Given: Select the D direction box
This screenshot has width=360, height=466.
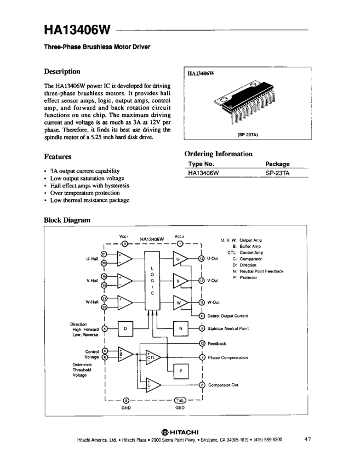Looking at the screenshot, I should click(x=125, y=328).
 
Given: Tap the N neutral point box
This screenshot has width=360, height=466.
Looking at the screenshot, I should click(x=180, y=328).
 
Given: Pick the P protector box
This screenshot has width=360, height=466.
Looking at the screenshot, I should click(x=180, y=371).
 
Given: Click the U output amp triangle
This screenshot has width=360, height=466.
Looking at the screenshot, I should click(x=180, y=259).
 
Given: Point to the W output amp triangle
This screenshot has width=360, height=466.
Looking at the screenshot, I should click(x=180, y=303).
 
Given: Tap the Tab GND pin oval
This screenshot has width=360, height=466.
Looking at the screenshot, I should click(x=181, y=400).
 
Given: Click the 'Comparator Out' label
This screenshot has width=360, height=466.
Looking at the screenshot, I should click(x=223, y=385).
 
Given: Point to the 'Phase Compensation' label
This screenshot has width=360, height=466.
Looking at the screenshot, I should click(x=228, y=357).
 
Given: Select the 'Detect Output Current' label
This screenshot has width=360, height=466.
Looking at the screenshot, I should click(x=228, y=316).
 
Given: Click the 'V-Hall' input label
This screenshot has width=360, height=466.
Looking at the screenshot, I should click(x=92, y=281).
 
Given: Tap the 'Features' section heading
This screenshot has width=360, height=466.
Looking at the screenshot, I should click(x=58, y=156).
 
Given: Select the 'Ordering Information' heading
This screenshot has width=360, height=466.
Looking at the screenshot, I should click(x=219, y=154).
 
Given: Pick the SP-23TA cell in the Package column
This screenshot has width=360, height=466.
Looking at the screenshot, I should click(x=277, y=172).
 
